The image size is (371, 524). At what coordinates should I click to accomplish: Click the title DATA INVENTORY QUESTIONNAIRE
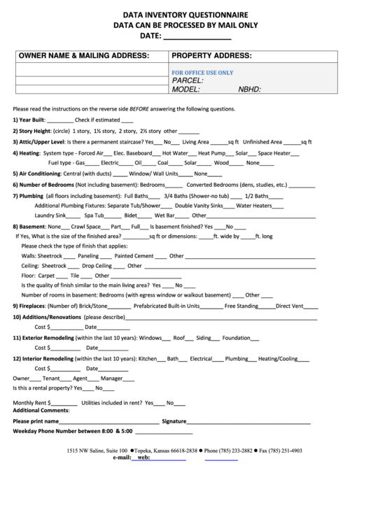[185, 14]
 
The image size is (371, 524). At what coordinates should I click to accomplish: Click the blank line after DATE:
[197, 36]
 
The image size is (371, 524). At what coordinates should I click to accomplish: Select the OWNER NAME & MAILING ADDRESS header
[84, 56]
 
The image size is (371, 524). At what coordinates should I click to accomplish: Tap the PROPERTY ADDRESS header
[212, 56]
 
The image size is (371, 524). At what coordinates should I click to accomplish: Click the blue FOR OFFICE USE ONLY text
[203, 73]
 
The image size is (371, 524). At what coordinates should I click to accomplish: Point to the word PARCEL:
[188, 81]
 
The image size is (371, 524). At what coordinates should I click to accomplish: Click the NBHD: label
[250, 90]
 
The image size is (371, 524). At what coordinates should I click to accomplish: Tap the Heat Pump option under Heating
[211, 153]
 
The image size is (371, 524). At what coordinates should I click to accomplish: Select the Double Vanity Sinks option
[199, 206]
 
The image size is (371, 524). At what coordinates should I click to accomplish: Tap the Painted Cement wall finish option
[134, 256]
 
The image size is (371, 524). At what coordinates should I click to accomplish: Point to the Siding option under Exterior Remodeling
[203, 338]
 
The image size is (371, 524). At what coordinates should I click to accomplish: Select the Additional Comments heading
[41, 410]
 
